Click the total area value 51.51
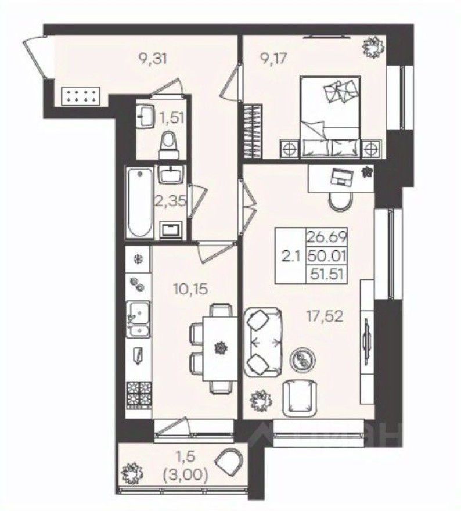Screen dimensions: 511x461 [327, 274]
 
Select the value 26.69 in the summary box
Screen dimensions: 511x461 [327, 237]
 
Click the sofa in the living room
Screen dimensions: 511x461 [263, 343]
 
